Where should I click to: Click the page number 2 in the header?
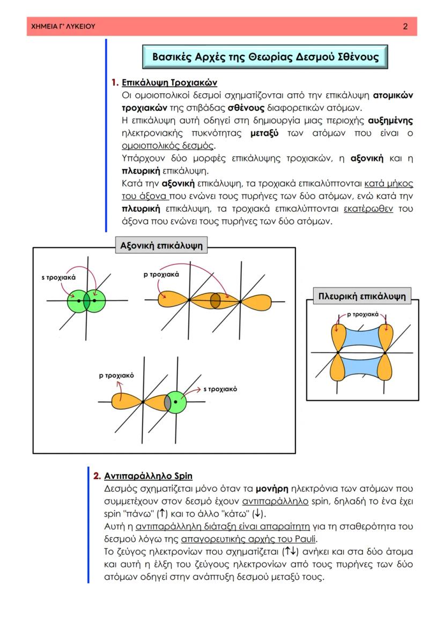405,26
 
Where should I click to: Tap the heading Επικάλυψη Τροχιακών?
169,83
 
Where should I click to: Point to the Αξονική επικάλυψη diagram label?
161,246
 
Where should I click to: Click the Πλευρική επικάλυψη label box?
362,296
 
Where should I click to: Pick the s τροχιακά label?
58,278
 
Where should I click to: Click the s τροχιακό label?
220,389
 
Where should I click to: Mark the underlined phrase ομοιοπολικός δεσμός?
168,145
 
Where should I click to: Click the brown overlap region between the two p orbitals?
216,301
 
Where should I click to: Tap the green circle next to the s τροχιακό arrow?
176,402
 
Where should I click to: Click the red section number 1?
114,83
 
